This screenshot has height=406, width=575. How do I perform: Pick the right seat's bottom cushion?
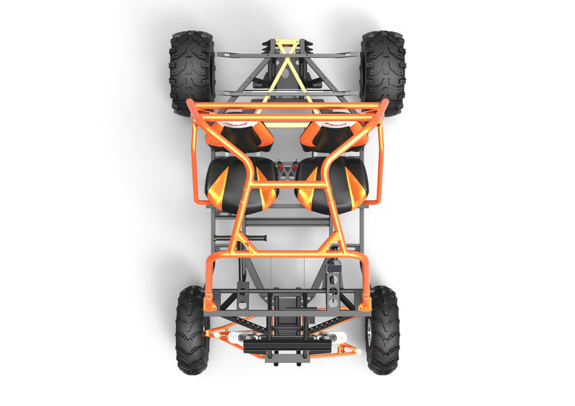click(x=334, y=185)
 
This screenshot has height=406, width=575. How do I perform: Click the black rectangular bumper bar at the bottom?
click(x=288, y=348)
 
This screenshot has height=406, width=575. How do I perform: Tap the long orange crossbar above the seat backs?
click(x=287, y=117)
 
